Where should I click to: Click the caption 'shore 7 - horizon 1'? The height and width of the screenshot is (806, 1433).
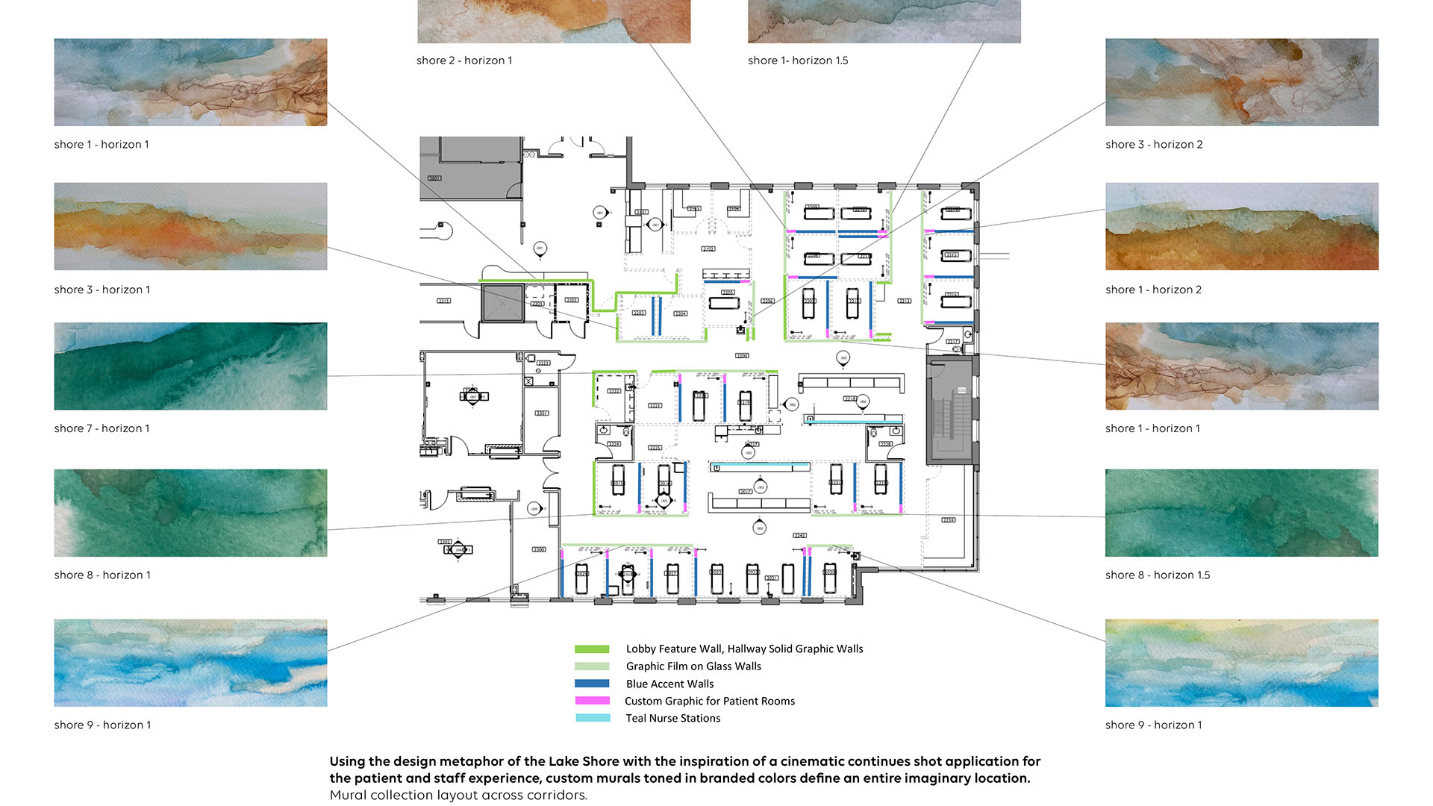pyautogui.click(x=102, y=428)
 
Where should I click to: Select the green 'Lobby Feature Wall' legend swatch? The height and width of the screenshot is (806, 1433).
pyautogui.click(x=592, y=649)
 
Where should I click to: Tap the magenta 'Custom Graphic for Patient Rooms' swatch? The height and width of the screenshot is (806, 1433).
pyautogui.click(x=592, y=701)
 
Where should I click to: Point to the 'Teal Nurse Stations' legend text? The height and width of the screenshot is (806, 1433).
pyautogui.click(x=672, y=718)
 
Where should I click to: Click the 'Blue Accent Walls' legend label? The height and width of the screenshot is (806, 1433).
pyautogui.click(x=669, y=684)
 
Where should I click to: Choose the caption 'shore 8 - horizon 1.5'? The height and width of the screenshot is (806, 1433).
pyautogui.click(x=1157, y=575)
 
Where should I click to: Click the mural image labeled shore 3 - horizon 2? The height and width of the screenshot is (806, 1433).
pyautogui.click(x=1241, y=82)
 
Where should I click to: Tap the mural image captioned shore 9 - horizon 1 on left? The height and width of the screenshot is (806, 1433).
pyautogui.click(x=190, y=663)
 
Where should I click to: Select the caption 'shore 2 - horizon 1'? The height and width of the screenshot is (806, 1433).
pyautogui.click(x=464, y=60)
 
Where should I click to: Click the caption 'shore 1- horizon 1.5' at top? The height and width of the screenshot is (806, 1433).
pyautogui.click(x=798, y=60)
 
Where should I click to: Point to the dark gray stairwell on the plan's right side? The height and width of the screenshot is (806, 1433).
pyautogui.click(x=949, y=410)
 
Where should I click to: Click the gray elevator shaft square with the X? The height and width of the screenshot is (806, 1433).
pyautogui.click(x=502, y=303)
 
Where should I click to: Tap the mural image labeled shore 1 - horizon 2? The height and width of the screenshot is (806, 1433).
pyautogui.click(x=1241, y=226)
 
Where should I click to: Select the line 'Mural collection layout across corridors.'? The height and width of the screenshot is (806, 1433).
pyautogui.click(x=458, y=795)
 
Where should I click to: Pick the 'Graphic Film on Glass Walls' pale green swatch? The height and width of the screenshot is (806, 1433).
pyautogui.click(x=592, y=666)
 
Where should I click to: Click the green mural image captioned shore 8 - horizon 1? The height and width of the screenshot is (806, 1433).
pyautogui.click(x=190, y=513)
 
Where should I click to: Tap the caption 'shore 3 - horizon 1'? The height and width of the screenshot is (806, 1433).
pyautogui.click(x=102, y=290)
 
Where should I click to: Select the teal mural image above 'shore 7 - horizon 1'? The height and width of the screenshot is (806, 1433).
pyautogui.click(x=190, y=366)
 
